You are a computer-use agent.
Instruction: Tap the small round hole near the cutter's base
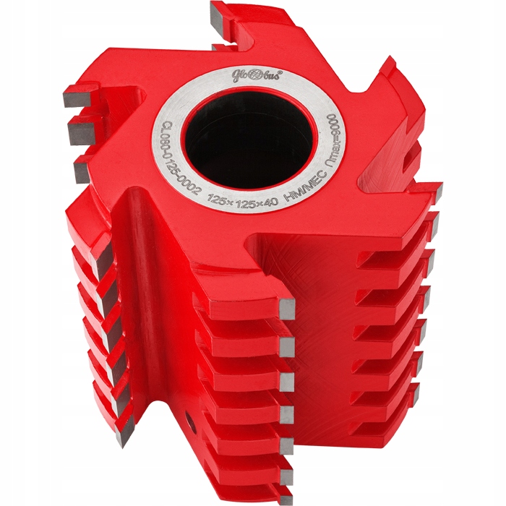coord(190,420)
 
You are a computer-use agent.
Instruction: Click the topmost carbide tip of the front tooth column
coord(286,309)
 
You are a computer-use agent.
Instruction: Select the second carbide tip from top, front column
coord(286,346)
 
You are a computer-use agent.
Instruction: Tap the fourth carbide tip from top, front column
coord(286,413)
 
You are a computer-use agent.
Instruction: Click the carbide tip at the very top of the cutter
coord(219,12)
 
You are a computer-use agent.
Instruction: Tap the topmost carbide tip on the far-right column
coord(434,192)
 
